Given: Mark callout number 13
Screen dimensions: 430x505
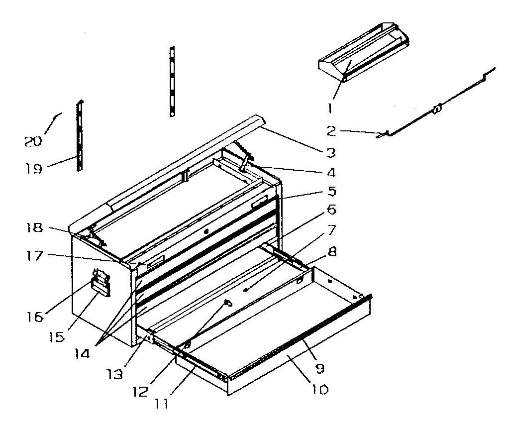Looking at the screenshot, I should pos(115,374).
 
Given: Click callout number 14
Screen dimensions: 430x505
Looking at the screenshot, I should pos(82,353).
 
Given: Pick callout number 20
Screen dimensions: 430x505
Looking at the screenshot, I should pos(33,141).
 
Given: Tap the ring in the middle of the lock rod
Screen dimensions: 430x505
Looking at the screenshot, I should pos(436,109).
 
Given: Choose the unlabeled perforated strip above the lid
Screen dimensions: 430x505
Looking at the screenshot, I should pos(172,82).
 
